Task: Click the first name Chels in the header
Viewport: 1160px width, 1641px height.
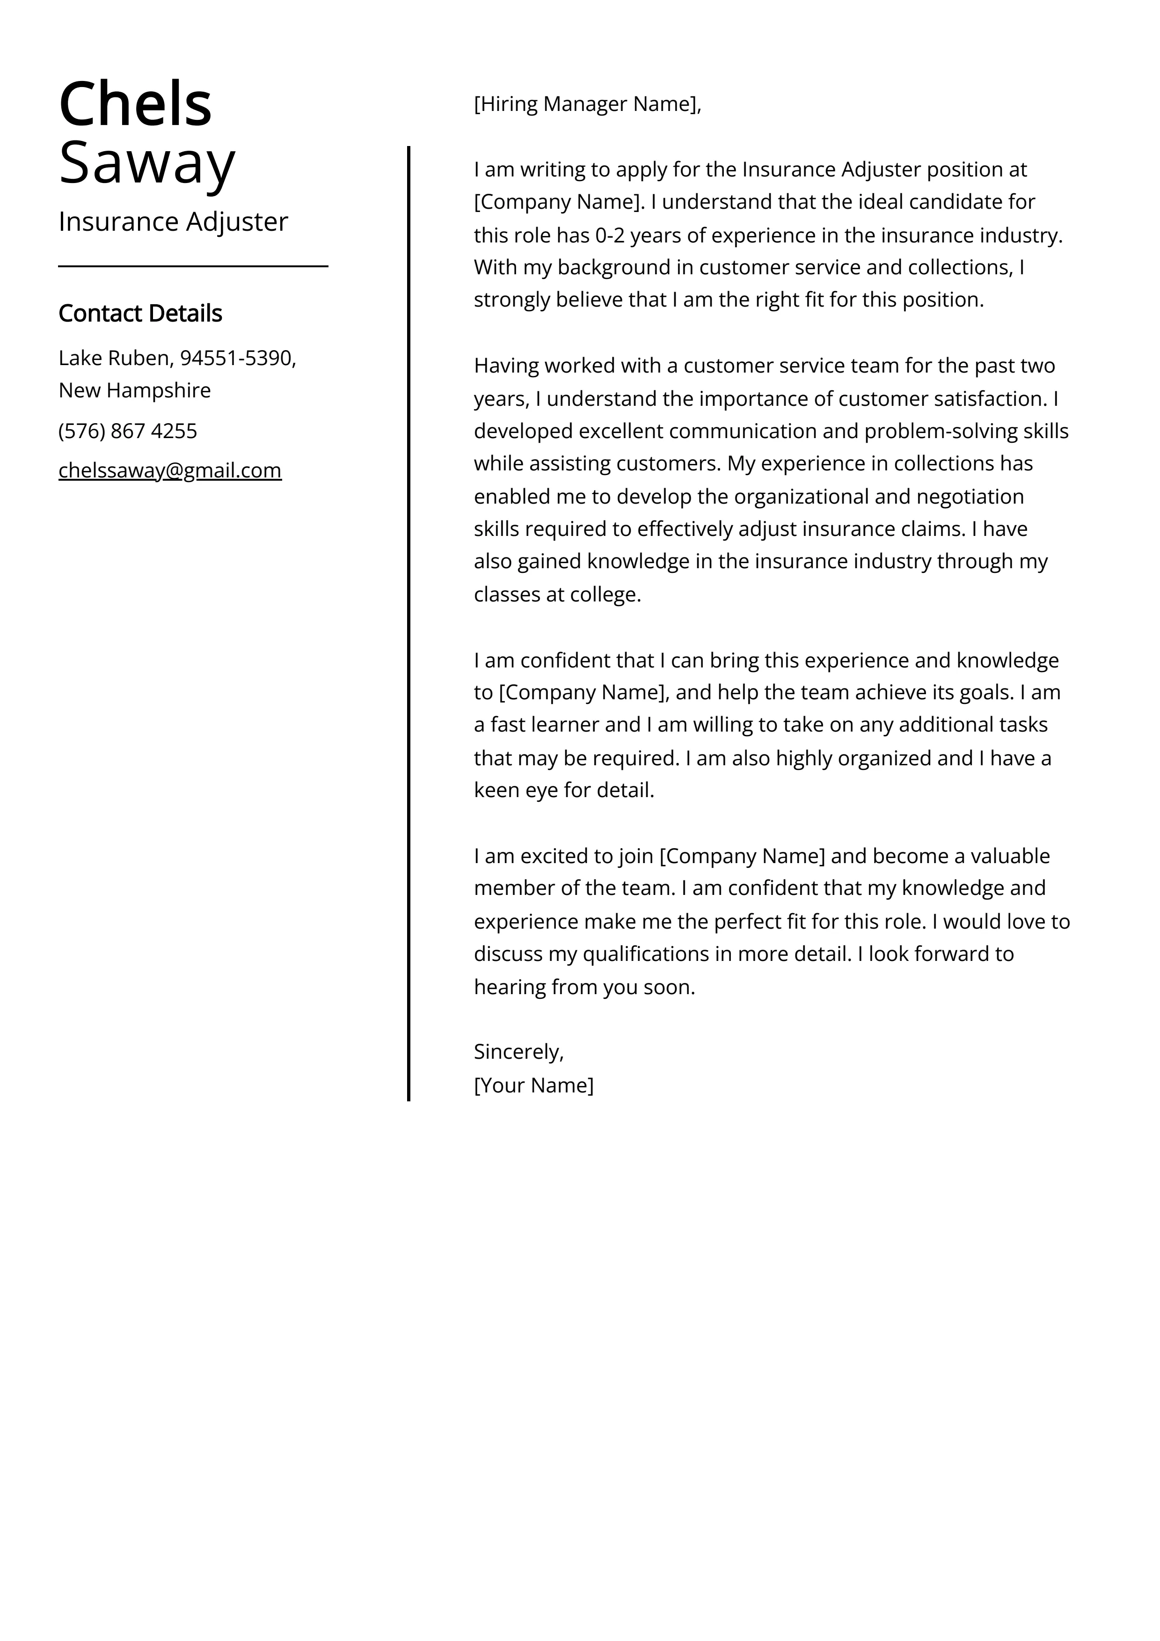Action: (x=135, y=104)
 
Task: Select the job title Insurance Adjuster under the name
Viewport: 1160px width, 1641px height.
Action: (x=173, y=221)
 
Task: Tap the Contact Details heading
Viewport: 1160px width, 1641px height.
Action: (x=140, y=313)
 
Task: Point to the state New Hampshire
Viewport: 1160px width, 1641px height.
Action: (x=134, y=390)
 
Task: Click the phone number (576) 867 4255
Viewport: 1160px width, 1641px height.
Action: (x=127, y=431)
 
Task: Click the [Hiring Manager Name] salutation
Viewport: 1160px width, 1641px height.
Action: (x=586, y=104)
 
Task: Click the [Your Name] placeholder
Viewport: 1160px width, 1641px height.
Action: (x=533, y=1085)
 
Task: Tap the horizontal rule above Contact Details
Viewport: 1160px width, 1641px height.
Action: (x=193, y=266)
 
